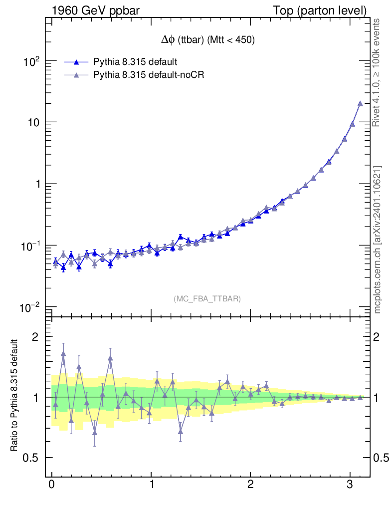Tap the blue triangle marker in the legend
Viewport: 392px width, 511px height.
coord(76,62)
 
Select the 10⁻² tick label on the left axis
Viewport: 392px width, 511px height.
coord(30,307)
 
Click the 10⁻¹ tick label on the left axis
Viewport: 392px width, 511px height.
coord(30,246)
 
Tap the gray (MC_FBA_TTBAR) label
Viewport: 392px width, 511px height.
coord(207,299)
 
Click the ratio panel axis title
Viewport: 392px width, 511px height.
coord(15,396)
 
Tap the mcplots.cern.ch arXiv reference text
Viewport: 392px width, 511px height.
coord(378,240)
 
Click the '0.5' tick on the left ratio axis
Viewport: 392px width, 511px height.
coord(31,458)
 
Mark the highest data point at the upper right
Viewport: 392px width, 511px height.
coord(360,103)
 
